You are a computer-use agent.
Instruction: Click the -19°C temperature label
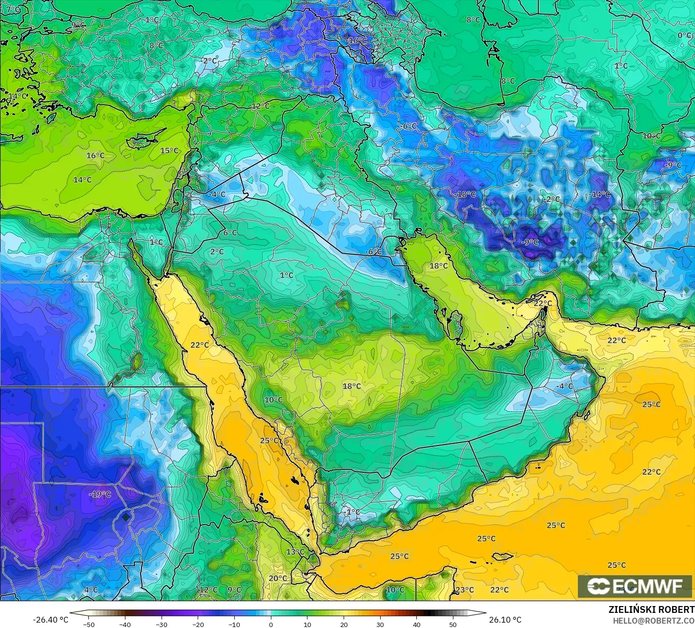click(x=100, y=494)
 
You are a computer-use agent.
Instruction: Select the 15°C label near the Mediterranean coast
click(x=169, y=151)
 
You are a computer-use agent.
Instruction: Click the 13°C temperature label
click(x=295, y=552)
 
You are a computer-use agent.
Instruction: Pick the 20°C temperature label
click(x=278, y=578)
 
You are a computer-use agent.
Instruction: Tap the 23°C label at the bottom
click(x=464, y=590)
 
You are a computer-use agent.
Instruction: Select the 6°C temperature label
click(x=230, y=233)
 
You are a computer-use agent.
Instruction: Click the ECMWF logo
click(x=635, y=587)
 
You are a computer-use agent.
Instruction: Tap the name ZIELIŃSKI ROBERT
click(x=651, y=609)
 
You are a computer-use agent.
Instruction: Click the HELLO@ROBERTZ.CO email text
click(x=654, y=620)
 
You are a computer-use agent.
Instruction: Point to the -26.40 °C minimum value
click(x=50, y=620)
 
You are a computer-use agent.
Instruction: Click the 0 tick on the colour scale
click(x=271, y=625)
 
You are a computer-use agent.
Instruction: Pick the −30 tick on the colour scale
click(x=162, y=625)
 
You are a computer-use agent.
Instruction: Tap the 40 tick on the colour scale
click(x=416, y=625)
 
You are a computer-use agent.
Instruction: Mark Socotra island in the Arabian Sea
click(x=502, y=556)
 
